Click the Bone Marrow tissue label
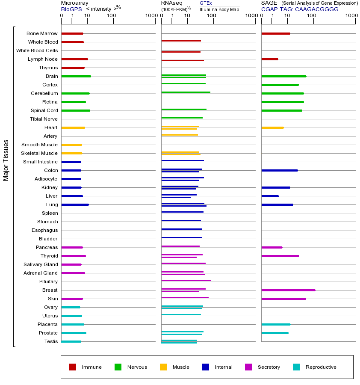[x=42, y=33]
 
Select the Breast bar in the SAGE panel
[x=288, y=290]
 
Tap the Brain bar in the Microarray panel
[x=76, y=76]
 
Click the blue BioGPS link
[x=71, y=9]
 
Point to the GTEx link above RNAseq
[x=206, y=3]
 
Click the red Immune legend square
[x=73, y=367]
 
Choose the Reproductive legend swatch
[x=296, y=367]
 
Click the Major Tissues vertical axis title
[x=6, y=160]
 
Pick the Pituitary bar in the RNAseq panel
[x=186, y=280]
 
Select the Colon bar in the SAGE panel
[x=280, y=170]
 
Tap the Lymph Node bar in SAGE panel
[x=270, y=59]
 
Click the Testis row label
[x=51, y=341]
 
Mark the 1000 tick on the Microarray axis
[x=151, y=15]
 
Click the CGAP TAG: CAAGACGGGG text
[x=300, y=9]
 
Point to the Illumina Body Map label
[x=219, y=9]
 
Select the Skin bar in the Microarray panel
[x=72, y=299]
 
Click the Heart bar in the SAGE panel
[x=272, y=127]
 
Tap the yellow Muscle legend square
[x=163, y=367]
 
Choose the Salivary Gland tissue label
[x=41, y=264]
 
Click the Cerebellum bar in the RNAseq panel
[x=186, y=92]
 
